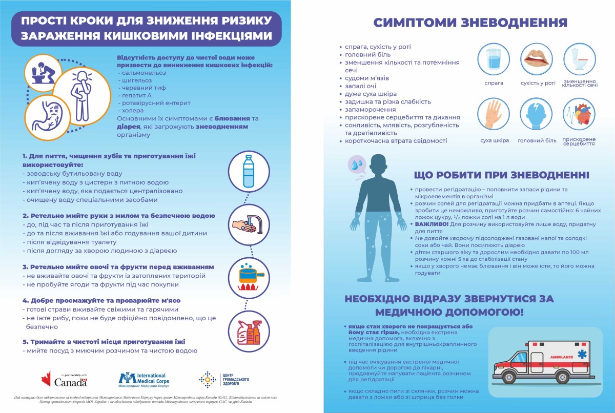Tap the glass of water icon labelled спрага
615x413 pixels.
click(x=494, y=59)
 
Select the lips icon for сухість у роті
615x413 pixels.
click(x=537, y=59)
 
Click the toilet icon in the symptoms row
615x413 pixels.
click(x=579, y=59)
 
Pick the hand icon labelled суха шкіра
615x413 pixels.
click(x=494, y=115)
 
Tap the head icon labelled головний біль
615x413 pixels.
click(x=537, y=115)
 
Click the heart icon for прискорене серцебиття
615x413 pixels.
click(x=579, y=115)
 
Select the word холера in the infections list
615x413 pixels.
click(x=132, y=110)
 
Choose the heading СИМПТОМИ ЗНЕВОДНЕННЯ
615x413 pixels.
click(x=470, y=23)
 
